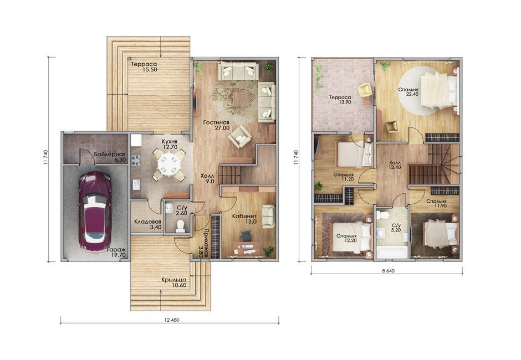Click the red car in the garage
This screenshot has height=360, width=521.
pyautogui.click(x=95, y=212)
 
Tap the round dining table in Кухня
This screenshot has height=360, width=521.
pyautogui.click(x=169, y=164)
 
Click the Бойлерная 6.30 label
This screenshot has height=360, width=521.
pyautogui.click(x=110, y=157)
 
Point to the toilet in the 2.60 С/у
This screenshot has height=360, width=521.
pyautogui.click(x=181, y=225)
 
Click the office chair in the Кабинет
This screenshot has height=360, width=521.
pyautogui.click(x=246, y=235)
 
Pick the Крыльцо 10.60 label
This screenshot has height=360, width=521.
pyautogui.click(x=174, y=282)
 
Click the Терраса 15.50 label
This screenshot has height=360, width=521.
pyautogui.click(x=144, y=67)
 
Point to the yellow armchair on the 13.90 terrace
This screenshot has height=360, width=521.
pyautogui.click(x=365, y=89)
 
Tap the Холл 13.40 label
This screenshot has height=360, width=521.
pyautogui.click(x=395, y=165)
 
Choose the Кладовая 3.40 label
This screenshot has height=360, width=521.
pyautogui.click(x=147, y=224)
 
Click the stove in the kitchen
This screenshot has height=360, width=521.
pyautogui.click(x=136, y=161)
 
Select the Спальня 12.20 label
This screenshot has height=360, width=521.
pyautogui.click(x=346, y=238)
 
